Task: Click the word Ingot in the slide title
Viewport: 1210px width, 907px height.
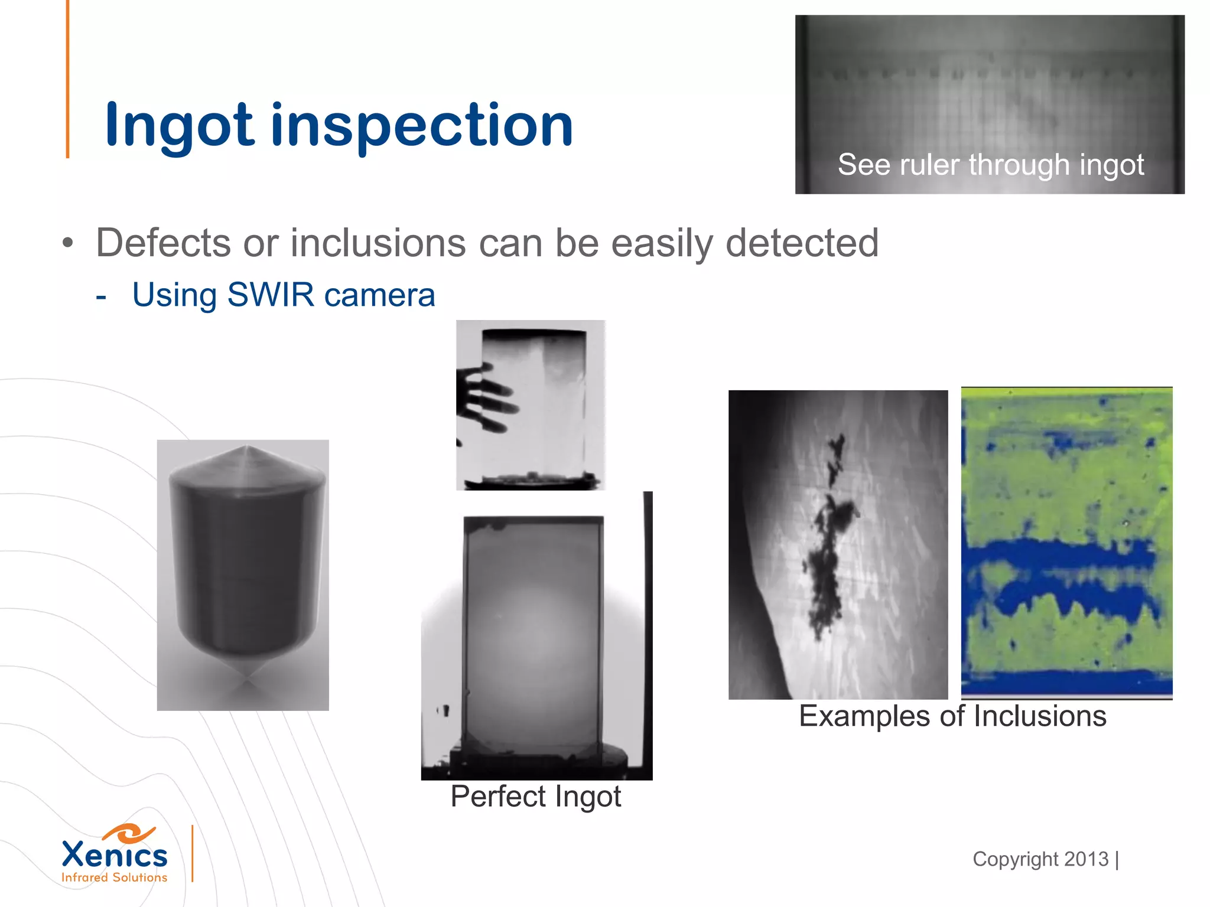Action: [x=179, y=125]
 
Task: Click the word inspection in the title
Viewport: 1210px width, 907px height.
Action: [x=422, y=125]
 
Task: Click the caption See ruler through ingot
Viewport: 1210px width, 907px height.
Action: [x=990, y=164]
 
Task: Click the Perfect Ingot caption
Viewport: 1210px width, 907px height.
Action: [x=535, y=796]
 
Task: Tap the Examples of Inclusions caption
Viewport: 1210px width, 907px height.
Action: [x=952, y=716]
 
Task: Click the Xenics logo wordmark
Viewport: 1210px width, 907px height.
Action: [x=115, y=855]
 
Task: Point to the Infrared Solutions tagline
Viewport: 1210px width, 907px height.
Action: [x=115, y=877]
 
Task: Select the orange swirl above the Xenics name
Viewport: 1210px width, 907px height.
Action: [x=129, y=833]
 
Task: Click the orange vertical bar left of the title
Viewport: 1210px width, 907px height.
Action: [x=68, y=79]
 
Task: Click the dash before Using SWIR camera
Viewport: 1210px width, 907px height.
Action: [x=101, y=296]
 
